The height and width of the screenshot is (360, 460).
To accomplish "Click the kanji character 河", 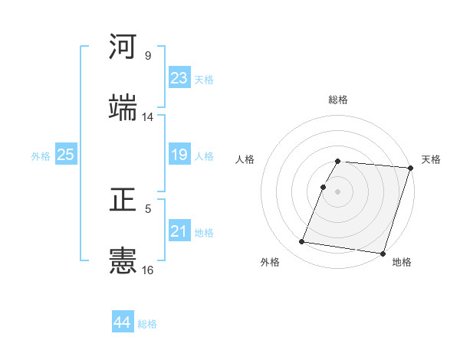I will click(x=123, y=47).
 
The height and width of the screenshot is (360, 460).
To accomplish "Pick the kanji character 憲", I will click(x=123, y=260).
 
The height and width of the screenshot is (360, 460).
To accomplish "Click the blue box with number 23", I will click(x=179, y=78).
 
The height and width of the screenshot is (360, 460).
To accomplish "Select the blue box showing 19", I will click(x=179, y=155).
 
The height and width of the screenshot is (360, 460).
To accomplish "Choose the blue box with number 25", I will click(x=66, y=155).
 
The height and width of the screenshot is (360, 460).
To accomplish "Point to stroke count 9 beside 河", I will click(x=148, y=56).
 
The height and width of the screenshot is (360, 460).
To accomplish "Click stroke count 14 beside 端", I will click(x=148, y=117).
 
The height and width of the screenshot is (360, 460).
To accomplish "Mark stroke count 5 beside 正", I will click(x=148, y=208).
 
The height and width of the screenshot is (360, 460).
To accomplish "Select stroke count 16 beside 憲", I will click(x=148, y=270).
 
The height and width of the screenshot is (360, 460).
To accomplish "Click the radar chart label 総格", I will click(x=338, y=100).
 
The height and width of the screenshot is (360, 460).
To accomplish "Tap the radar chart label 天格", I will click(x=431, y=159).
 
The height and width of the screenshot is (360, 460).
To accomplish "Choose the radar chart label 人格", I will click(x=245, y=159).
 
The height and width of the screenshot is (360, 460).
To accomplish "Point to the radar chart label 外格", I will click(x=270, y=263).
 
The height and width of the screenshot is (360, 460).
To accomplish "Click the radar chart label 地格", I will click(x=402, y=263).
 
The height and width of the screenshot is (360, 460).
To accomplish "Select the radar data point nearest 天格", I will click(x=411, y=168).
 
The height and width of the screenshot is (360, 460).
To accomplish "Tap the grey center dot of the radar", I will click(x=338, y=191).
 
